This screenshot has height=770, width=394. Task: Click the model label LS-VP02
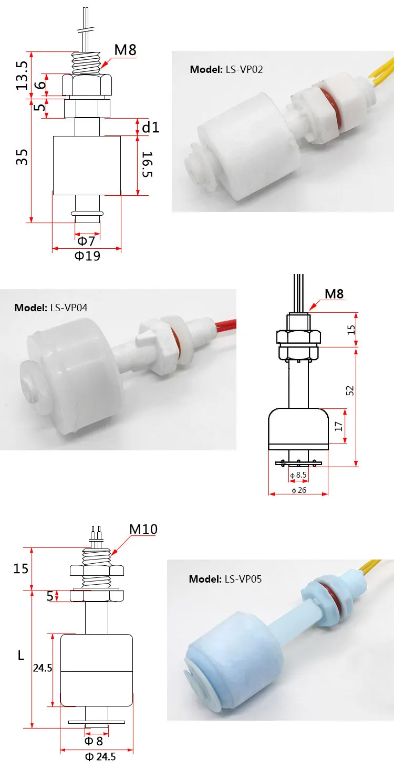coord(226,69)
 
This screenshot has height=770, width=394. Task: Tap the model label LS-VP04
coord(50,308)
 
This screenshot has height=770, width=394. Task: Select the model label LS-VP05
coord(225,579)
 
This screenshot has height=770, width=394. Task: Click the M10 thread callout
coord(143,530)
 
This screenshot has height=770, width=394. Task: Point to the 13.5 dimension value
coord(22,76)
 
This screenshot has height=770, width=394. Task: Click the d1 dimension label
coord(151,128)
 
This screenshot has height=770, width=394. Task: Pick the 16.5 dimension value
coord(148,164)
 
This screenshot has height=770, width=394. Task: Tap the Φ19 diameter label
coord(87,256)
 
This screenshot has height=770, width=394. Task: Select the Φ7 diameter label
coord(86,241)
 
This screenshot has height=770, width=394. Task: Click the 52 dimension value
coord(350,391)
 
